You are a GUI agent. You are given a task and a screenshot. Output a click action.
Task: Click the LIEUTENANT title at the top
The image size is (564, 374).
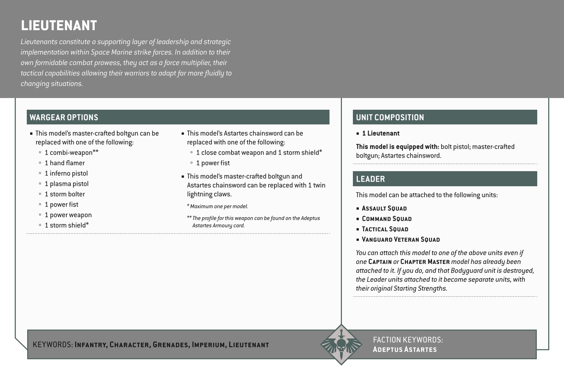pos(59,26)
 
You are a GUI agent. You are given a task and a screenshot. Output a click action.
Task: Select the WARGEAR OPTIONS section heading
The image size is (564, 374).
pos(64,117)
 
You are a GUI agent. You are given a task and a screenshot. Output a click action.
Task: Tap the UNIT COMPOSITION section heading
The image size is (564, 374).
pos(390,117)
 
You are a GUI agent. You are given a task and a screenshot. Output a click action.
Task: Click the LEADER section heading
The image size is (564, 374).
pos(370,179)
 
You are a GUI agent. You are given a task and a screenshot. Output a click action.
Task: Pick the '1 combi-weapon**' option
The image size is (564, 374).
pos(71,153)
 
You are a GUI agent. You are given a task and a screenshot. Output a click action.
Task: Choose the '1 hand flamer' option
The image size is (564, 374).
pos(64,163)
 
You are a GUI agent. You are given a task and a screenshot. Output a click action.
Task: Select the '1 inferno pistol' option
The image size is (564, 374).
pos(66,173)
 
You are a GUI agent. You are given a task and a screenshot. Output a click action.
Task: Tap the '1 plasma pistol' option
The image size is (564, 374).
pos(66,184)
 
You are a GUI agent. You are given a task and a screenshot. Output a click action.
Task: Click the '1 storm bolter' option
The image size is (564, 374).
pos(64,194)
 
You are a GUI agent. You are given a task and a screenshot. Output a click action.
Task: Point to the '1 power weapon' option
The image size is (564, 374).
pos(68,215)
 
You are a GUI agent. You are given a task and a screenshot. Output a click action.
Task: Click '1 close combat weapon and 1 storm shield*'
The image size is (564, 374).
pos(259,153)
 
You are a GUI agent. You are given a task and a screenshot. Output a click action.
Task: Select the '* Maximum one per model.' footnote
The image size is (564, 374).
pos(218,206)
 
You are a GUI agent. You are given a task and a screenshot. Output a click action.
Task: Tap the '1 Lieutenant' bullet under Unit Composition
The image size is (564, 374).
pos(380,133)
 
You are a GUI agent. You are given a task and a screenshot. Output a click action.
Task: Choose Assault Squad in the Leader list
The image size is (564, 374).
pos(384,208)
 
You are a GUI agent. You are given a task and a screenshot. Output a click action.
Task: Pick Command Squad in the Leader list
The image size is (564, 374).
pos(386,219)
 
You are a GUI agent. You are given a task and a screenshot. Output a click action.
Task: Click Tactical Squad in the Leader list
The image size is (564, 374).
pos(385,229)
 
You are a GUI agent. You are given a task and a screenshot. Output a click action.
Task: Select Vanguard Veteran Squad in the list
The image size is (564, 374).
pos(400,239)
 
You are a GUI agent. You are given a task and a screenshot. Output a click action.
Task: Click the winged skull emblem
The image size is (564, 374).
pos(341,345)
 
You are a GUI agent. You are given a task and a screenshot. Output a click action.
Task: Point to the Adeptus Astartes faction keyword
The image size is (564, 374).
pos(405,349)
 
